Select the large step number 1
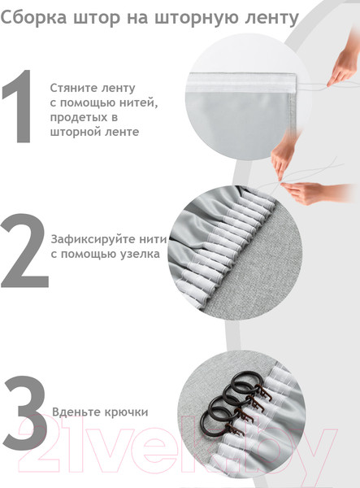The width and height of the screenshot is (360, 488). point(18,107)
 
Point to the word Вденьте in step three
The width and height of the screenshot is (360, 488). point(75,413)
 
